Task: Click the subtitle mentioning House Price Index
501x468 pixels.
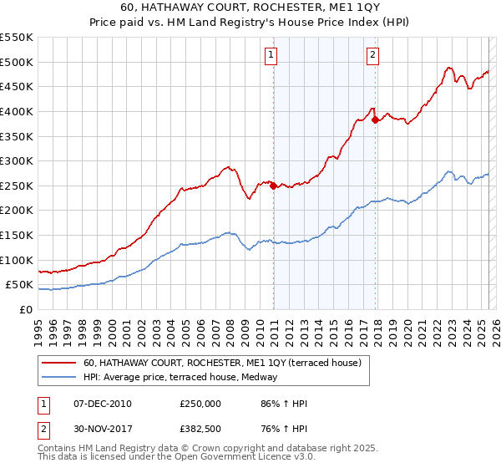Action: point(250,23)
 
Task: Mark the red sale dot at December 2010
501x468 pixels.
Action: point(273,186)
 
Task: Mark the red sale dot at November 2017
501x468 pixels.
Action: point(376,120)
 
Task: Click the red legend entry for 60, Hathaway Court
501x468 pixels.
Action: point(221,364)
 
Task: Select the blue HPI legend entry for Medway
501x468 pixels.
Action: point(185,378)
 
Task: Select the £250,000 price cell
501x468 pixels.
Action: point(200,404)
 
